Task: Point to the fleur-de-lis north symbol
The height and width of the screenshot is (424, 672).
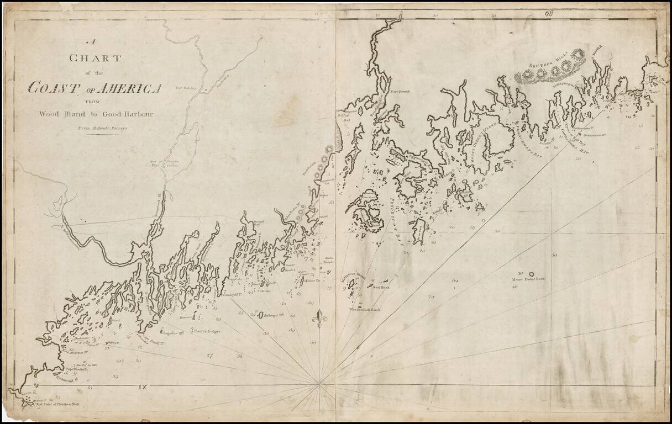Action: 319,319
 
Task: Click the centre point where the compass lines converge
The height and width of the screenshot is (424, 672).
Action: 319,381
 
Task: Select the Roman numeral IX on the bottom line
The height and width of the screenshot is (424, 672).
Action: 145,386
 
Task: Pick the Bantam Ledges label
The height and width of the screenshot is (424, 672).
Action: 207,331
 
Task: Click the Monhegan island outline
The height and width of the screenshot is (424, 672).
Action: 260,316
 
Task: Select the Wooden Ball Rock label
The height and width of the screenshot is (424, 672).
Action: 365,310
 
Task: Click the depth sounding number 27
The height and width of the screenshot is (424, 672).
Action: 209,356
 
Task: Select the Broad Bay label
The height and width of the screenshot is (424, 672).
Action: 259,222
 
